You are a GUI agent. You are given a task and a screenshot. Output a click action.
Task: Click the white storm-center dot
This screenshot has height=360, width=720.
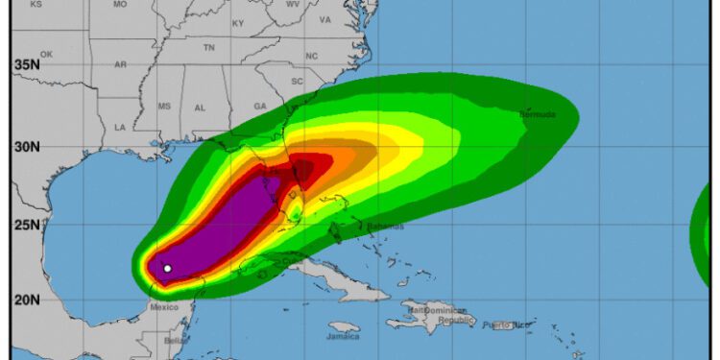(x=167, y=269)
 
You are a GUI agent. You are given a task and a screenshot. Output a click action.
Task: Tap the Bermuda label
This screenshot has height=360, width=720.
(x=539, y=115)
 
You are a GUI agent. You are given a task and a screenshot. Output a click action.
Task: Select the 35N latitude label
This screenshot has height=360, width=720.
(x=26, y=65)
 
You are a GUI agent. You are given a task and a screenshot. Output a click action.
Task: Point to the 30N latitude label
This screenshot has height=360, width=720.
(x=26, y=147)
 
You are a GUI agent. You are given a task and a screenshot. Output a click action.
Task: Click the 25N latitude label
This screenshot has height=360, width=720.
(x=26, y=226)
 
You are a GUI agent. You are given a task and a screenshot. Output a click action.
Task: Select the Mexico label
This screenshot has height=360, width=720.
(x=164, y=307)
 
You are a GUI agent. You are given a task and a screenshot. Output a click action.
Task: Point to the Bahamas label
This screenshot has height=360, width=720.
(x=385, y=227)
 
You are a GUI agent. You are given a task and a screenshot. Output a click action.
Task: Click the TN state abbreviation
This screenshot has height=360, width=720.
(x=208, y=47)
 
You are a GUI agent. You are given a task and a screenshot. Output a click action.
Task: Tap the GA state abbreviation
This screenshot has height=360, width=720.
(x=259, y=106)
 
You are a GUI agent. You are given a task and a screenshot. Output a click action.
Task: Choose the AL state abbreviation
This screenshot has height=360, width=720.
(x=200, y=108)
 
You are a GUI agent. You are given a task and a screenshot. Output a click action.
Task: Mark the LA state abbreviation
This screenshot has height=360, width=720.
(x=120, y=127)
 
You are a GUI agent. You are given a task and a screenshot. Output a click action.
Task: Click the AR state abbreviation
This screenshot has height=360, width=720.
(x=120, y=64)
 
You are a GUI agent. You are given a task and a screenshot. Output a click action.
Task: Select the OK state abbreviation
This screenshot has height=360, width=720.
(x=46, y=55)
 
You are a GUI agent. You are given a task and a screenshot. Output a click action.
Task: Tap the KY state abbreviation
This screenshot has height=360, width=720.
(x=238, y=23)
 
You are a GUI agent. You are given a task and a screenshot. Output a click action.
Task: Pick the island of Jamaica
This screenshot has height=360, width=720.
(x=343, y=327)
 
